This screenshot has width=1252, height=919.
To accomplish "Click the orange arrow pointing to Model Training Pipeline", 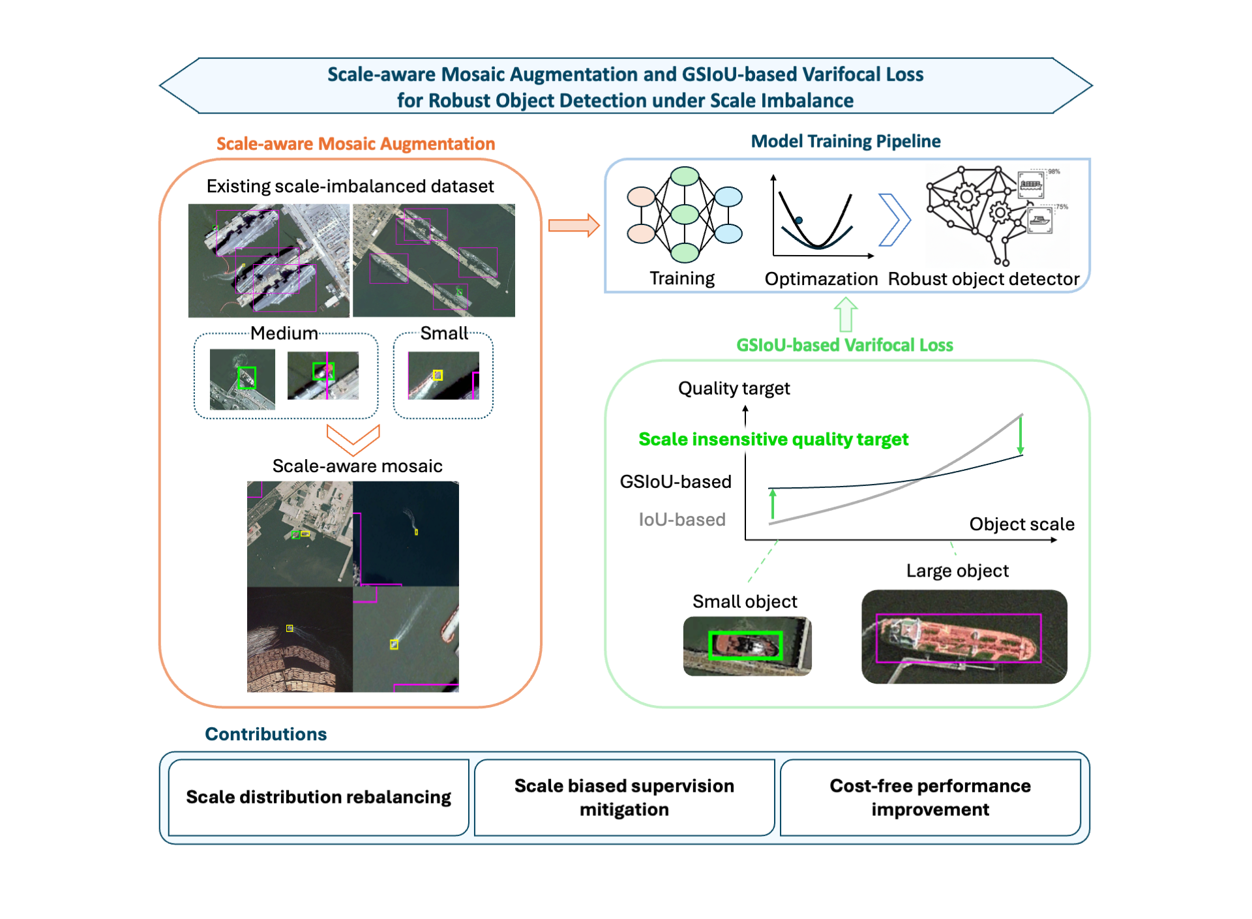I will coord(573,226).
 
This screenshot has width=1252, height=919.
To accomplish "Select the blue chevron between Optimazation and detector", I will coord(895,220).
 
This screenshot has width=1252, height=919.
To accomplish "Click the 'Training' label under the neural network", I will coord(682,279).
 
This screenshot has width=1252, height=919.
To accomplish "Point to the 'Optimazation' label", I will coord(821,279).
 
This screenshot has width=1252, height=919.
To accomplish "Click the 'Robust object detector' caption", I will coord(983,279).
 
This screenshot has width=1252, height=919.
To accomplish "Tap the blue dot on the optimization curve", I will coord(799,220).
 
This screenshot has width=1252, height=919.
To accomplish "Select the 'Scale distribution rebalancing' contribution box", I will coord(319,797).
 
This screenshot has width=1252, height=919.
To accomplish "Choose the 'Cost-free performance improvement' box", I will coord(930,797).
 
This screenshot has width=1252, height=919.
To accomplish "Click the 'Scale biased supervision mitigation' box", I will coord(624,797).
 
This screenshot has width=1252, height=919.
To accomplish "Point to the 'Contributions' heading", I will coord(266,734).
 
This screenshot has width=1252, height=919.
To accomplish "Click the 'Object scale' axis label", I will coord(1022,524).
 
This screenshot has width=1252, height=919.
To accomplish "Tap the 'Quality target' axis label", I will coord(734,389).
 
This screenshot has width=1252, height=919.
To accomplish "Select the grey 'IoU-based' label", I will coord(682,520).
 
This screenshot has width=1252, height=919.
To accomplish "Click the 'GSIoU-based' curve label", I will coord(676,482).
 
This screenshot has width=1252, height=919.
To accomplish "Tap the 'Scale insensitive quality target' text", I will coord(773,440).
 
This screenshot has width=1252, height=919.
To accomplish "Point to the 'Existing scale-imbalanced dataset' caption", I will coord(350,187).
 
